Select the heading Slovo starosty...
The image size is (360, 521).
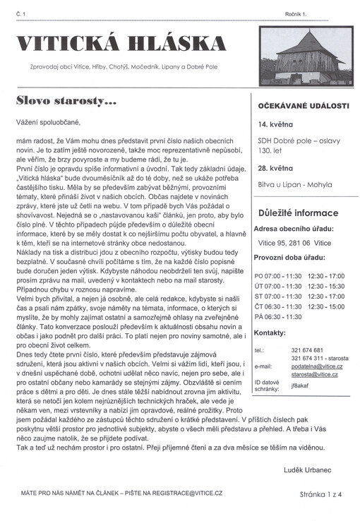[66, 101]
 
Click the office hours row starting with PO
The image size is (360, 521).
[299, 276]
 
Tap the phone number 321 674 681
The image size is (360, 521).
[307, 350]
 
